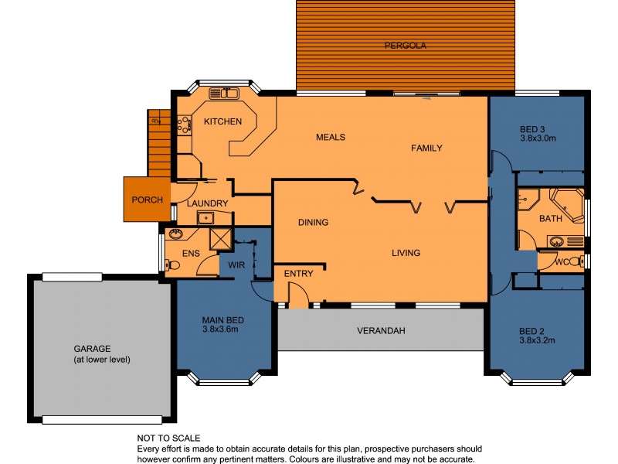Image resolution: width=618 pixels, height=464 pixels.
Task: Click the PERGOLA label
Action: coord(406,46)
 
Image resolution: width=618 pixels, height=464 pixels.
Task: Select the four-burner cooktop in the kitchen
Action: coord(185,125)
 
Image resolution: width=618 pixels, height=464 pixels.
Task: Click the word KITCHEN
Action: coord(222,121)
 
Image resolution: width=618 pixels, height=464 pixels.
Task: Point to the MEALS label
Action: coord(330,137)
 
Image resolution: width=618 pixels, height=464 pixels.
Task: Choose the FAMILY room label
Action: coord(426,148)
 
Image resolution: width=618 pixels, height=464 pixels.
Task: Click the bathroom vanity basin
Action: coord(556,241)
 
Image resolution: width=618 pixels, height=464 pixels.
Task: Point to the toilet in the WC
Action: coord(575,262)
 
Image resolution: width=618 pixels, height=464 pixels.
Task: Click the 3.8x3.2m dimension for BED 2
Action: coord(538,340)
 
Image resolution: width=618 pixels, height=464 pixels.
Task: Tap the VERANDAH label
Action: coord(381,331)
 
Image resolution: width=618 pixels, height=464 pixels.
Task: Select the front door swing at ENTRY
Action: coord(297,294)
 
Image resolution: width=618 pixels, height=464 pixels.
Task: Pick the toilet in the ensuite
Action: coord(174,265)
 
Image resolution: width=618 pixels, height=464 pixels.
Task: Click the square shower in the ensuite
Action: coord(221,240)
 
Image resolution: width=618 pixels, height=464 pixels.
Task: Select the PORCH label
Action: coord(147,200)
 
